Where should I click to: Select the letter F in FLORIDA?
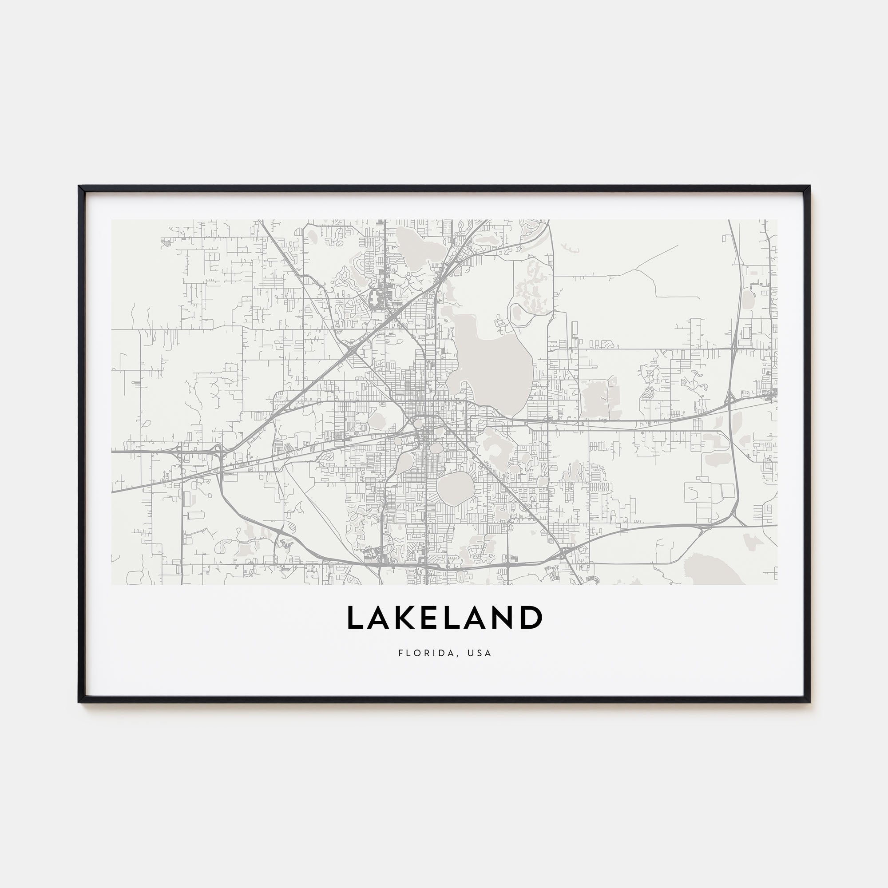coord(401,653)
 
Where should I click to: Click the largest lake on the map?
coord(492,363)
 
